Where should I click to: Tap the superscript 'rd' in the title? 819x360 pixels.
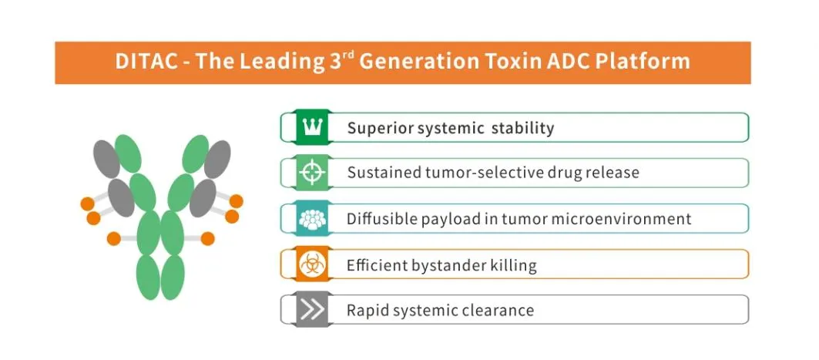click(349, 55)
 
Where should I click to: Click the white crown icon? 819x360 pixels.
click(313, 127)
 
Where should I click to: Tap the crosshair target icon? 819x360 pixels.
click(313, 173)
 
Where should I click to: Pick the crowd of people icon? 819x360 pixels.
click(313, 219)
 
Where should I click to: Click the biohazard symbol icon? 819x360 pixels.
click(313, 264)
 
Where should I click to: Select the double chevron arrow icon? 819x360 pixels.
click(313, 311)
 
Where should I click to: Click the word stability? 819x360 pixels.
click(523, 128)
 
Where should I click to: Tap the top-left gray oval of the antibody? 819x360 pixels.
click(106, 159)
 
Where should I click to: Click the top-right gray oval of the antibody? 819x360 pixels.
click(217, 159)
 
